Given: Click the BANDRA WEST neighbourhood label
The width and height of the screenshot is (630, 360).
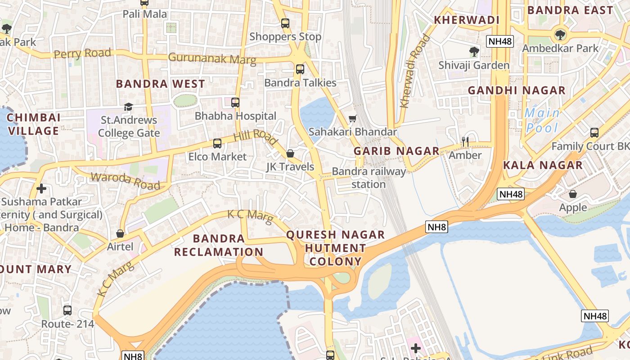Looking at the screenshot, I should pyautogui.click(x=160, y=84).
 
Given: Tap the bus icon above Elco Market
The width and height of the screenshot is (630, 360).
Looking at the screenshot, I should pyautogui.click(x=217, y=144).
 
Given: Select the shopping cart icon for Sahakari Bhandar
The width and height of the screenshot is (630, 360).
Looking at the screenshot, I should pyautogui.click(x=353, y=118).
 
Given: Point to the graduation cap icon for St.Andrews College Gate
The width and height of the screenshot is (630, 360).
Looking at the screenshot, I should pyautogui.click(x=129, y=107).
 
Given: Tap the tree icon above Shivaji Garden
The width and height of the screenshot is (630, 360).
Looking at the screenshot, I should pyautogui.click(x=474, y=51).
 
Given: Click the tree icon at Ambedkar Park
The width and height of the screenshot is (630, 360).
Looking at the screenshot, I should pyautogui.click(x=560, y=34).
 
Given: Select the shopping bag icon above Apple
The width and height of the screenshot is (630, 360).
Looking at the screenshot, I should pyautogui.click(x=573, y=194).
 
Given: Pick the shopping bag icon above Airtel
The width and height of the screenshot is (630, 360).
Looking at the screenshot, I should pyautogui.click(x=120, y=233).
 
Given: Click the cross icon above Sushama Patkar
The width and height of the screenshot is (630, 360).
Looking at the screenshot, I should pyautogui.click(x=41, y=188).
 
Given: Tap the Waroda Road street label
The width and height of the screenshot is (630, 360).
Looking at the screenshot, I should pyautogui.click(x=126, y=181).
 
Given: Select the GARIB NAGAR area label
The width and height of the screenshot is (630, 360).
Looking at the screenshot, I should pyautogui.click(x=396, y=151).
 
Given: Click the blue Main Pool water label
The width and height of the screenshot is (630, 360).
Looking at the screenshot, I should pyautogui.click(x=542, y=120).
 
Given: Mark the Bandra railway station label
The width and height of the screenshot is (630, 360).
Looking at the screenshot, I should pyautogui.click(x=369, y=178).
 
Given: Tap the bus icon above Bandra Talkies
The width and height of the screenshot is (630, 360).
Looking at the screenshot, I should pyautogui.click(x=300, y=69).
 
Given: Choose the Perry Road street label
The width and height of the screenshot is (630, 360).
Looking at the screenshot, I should pyautogui.click(x=82, y=54).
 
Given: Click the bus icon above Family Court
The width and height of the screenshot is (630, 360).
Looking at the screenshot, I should pyautogui.click(x=594, y=133).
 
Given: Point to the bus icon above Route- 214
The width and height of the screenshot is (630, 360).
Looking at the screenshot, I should pyautogui.click(x=67, y=310).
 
